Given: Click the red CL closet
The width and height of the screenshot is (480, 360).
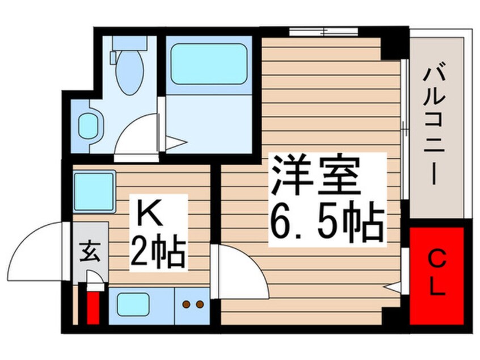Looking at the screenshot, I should click(x=437, y=275).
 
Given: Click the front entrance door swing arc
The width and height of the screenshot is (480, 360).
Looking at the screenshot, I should click(x=43, y=247).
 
